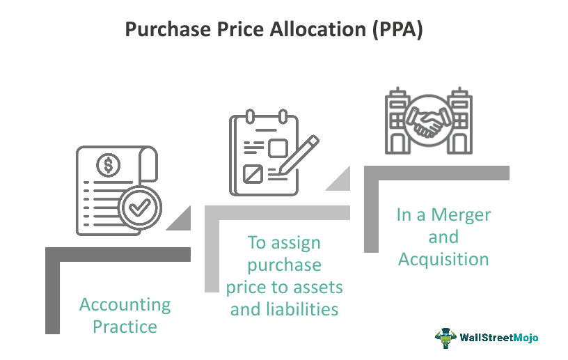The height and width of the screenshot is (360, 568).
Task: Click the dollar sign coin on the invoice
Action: [109, 165]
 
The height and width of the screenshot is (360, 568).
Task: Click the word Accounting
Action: [125, 304]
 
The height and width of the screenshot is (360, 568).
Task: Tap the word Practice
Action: [125, 326]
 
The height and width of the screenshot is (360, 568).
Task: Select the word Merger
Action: [464, 215]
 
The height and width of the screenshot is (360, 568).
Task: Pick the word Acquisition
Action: [443, 259]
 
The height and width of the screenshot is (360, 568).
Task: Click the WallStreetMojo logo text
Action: [499, 338]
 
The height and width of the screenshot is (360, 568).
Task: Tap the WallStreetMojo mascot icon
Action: [445, 338]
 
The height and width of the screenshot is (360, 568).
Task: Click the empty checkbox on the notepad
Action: [278, 148]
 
